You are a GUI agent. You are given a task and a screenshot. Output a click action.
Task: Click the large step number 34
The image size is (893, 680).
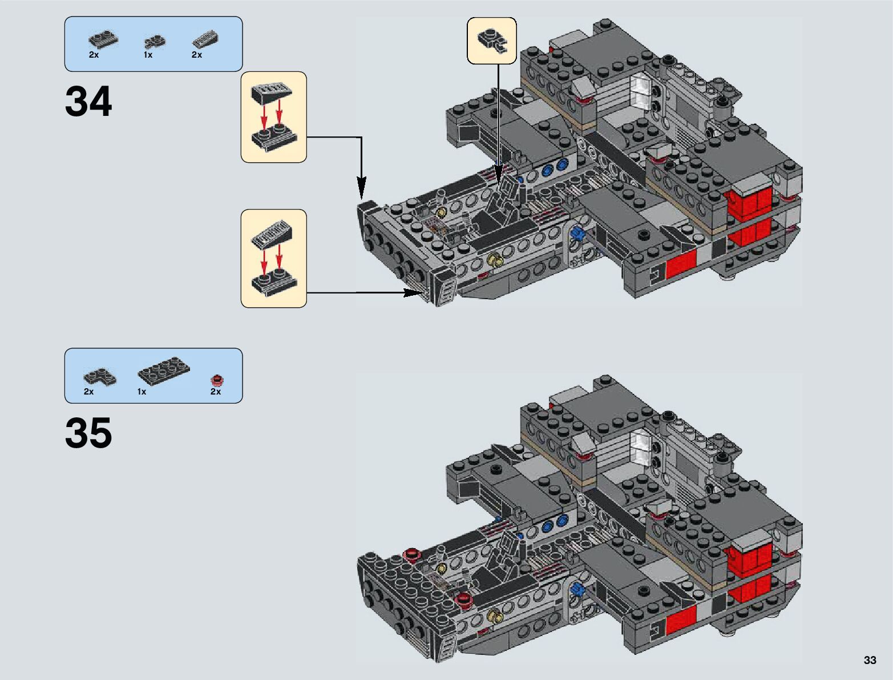tap(88, 101)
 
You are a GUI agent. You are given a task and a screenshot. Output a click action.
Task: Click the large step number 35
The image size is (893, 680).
tap(88, 433)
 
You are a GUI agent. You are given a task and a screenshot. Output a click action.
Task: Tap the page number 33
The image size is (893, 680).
tap(870, 659)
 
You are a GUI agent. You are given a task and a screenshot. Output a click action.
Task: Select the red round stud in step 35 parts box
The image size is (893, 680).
tap(217, 380)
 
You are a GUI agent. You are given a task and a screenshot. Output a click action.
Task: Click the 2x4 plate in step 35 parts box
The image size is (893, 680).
tap(164, 371)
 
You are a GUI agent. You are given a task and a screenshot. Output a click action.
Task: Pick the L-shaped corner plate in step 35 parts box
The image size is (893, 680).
tap(100, 377)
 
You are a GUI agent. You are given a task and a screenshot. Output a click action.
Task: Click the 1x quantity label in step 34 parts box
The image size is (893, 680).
tap(148, 55)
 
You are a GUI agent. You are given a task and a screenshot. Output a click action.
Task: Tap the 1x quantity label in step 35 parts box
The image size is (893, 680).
tap(142, 392)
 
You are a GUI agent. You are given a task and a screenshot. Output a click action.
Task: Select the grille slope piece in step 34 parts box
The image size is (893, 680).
tap(205, 39)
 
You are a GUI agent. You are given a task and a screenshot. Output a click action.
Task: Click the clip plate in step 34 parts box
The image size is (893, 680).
tap(155, 42)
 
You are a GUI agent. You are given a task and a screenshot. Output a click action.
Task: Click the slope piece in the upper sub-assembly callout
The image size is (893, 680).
tap(272, 93)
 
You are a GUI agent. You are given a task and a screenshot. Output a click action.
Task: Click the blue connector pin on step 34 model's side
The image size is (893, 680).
tap(577, 233)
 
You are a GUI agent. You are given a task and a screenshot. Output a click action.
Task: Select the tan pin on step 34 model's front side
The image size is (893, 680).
tap(495, 259)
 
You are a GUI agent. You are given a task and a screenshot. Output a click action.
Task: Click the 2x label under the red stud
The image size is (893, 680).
tap(216, 392)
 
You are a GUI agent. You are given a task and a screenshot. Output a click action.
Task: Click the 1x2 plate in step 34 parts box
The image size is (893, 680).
tap(103, 39)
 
